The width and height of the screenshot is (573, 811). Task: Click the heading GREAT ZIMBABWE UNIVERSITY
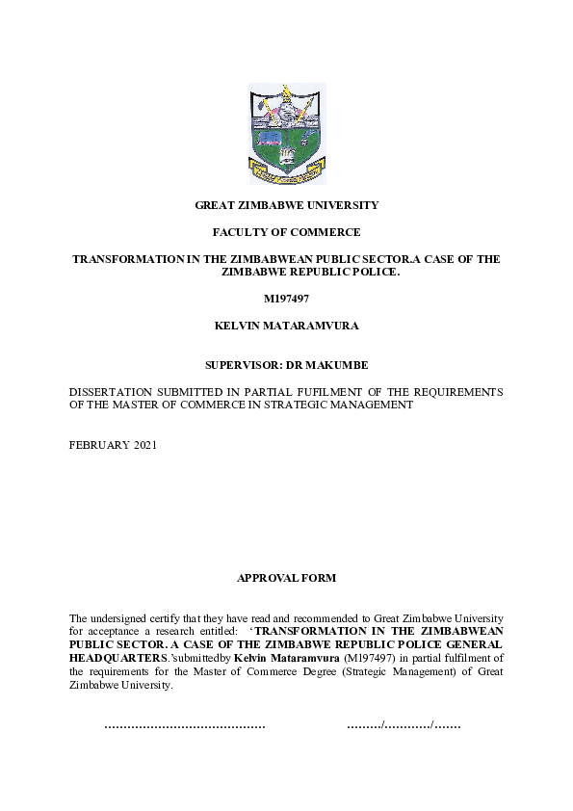point(287,205)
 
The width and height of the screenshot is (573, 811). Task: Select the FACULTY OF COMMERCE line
point(287,232)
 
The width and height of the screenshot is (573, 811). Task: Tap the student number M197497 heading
point(286,299)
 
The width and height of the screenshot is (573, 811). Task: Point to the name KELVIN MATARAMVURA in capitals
point(286,326)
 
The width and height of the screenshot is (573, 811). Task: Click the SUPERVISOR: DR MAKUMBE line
point(286,366)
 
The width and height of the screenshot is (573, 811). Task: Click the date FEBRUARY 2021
point(113,445)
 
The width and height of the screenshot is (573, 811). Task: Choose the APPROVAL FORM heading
point(286,578)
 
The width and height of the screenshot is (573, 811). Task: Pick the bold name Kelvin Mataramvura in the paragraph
point(286,658)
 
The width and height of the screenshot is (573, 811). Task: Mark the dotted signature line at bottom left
point(184,724)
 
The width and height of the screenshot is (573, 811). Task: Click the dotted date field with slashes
point(404,724)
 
